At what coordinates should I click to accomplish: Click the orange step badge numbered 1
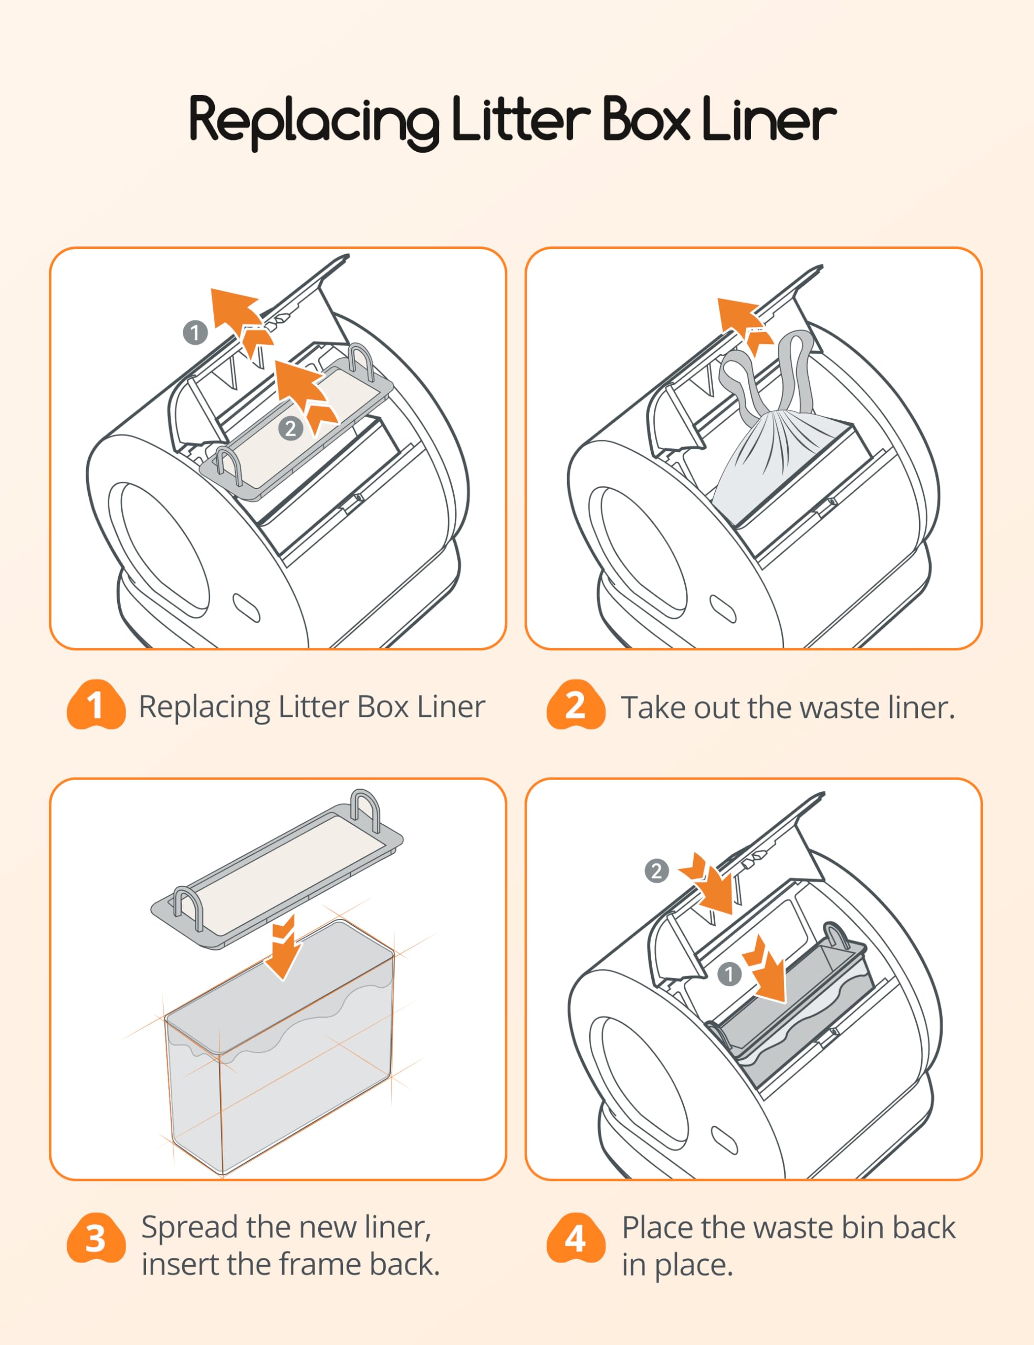[96, 705]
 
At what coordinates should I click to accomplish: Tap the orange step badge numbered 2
[576, 705]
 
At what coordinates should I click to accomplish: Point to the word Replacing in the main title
[314, 122]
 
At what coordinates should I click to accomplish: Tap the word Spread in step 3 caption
[189, 1228]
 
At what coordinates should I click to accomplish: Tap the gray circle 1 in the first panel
[195, 333]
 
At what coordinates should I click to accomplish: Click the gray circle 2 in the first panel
[290, 428]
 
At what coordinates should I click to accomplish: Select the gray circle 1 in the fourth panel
[729, 974]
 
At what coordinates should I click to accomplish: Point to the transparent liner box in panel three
[280, 1047]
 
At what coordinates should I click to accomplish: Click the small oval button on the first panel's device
[246, 608]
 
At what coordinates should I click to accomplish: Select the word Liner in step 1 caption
[451, 706]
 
